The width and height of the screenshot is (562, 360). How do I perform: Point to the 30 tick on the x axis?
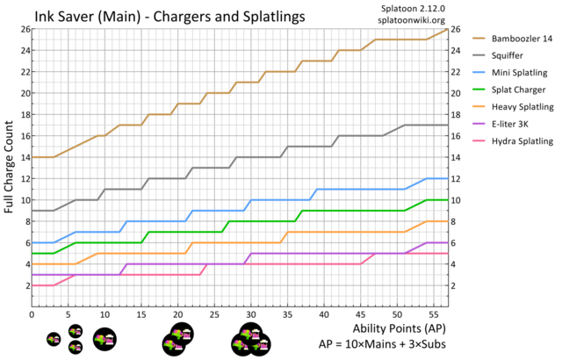coord(251,313)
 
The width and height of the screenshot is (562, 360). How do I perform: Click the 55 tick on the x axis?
coord(434,313)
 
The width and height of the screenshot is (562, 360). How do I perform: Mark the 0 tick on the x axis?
coord(32,313)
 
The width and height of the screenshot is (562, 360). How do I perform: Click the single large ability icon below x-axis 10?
coord(104,339)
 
